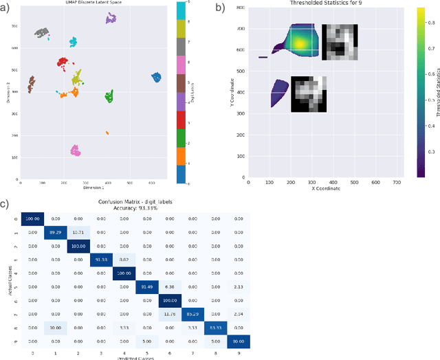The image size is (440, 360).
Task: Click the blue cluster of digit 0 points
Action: pyautogui.click(x=156, y=78)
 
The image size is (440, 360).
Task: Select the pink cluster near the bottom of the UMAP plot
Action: pyautogui.click(x=76, y=150)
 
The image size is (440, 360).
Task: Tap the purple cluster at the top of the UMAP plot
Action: pyautogui.click(x=111, y=19)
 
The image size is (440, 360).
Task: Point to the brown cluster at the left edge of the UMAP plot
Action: pyautogui.click(x=31, y=85)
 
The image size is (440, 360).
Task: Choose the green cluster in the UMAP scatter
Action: pyautogui.click(x=109, y=98)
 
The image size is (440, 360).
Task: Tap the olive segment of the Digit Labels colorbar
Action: pyautogui.click(x=179, y=29)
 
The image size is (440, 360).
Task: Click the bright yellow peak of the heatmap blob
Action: pyautogui.click(x=300, y=43)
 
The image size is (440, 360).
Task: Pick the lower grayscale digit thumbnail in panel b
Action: pyautogui.click(x=307, y=94)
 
